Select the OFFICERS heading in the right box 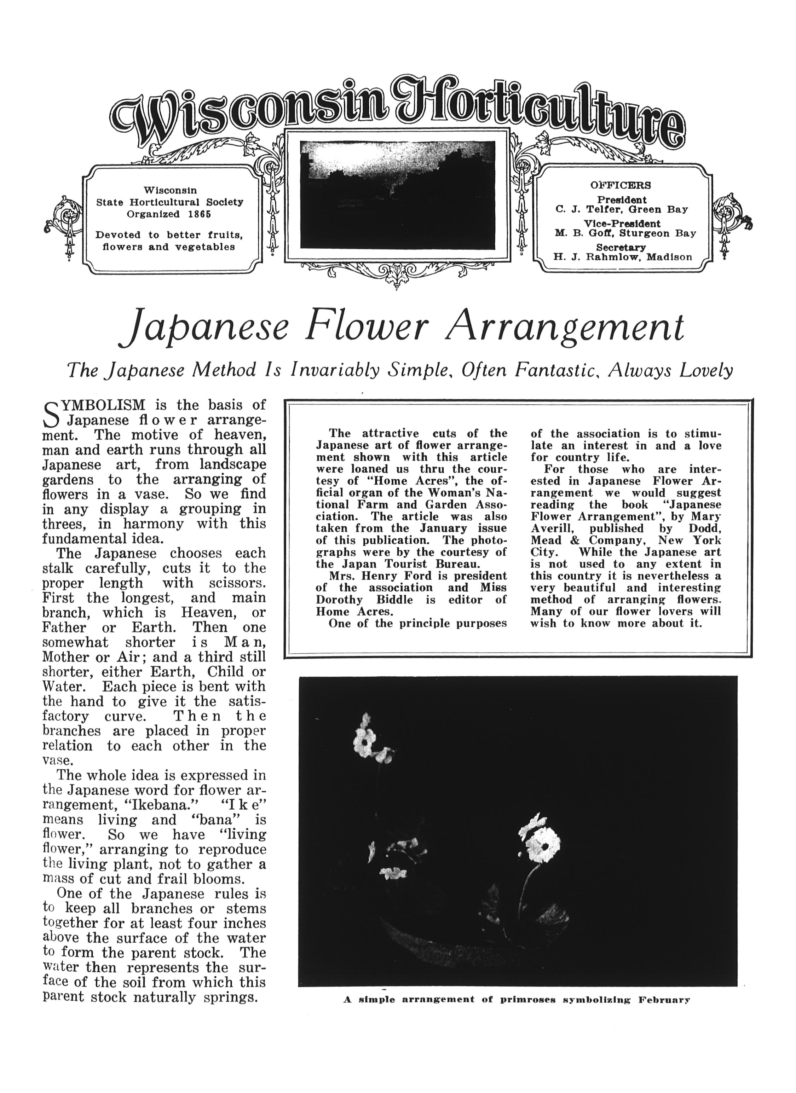click(x=621, y=185)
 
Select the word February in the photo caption click(x=664, y=1000)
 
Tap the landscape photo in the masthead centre click(x=397, y=195)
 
